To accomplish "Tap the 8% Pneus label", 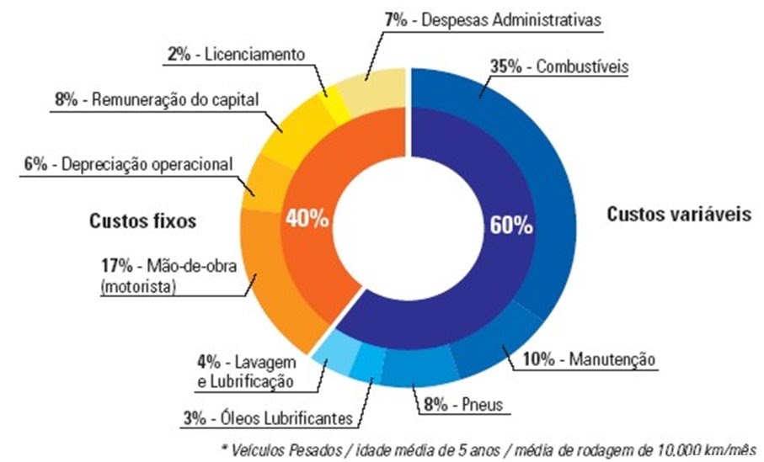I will [x=462, y=406].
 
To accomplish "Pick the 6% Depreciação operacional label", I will [x=127, y=165].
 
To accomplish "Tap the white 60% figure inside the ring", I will [x=510, y=225].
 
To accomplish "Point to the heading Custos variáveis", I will [x=678, y=215].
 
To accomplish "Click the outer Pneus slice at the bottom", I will [x=413, y=370].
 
